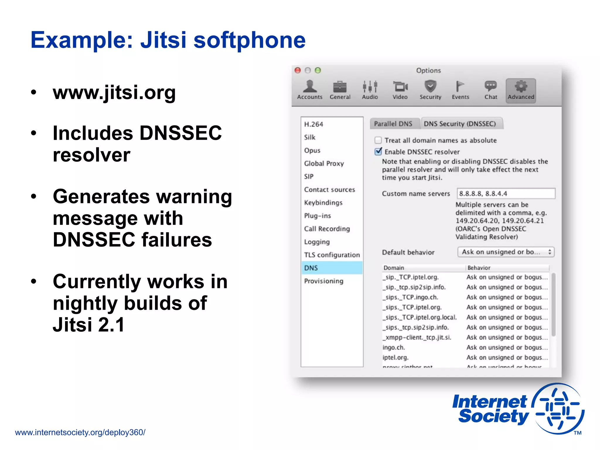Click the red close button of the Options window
[x=298, y=70]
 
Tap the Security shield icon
[x=430, y=86]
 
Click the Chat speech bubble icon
[x=491, y=86]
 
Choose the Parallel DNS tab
[x=393, y=124]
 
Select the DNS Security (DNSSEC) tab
[x=460, y=124]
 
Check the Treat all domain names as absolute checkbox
[x=378, y=140]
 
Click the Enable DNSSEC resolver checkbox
[x=378, y=151]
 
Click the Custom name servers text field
[x=506, y=193]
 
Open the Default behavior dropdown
[x=506, y=252]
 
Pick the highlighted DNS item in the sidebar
[x=332, y=268]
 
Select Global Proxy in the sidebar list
[x=324, y=163]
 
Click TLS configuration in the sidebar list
[x=332, y=255]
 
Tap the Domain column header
[x=394, y=268]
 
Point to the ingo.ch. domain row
[x=394, y=347]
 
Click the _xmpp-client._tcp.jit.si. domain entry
[x=417, y=337]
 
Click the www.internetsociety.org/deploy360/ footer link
[x=80, y=432]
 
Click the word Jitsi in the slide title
[x=163, y=40]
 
